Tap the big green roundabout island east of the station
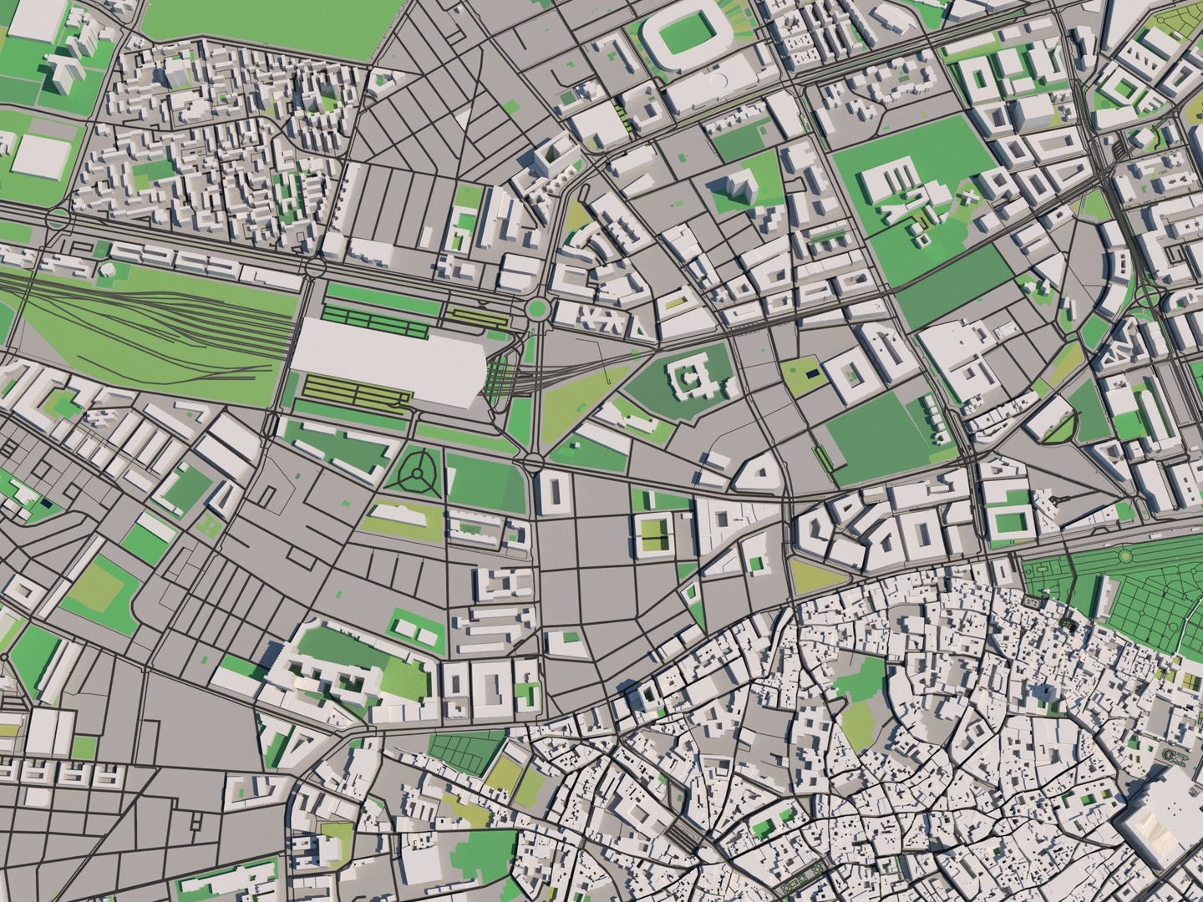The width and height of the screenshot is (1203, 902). click(x=536, y=310)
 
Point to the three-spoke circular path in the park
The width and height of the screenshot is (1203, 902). click(x=415, y=474)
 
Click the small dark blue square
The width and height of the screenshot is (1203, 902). click(x=810, y=373)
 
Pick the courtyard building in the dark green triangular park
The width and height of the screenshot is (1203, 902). click(x=688, y=380)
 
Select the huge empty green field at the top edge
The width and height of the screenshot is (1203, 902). click(x=259, y=25)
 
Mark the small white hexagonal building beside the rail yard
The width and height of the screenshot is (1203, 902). click(x=106, y=271)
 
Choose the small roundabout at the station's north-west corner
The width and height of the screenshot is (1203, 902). click(x=315, y=267)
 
